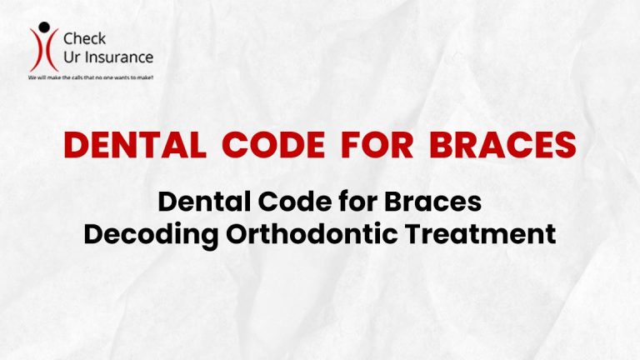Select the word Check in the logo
pyautogui.click(x=86, y=39)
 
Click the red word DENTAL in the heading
pyautogui.click(x=135, y=146)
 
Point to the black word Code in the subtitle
pyautogui.click(x=285, y=202)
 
